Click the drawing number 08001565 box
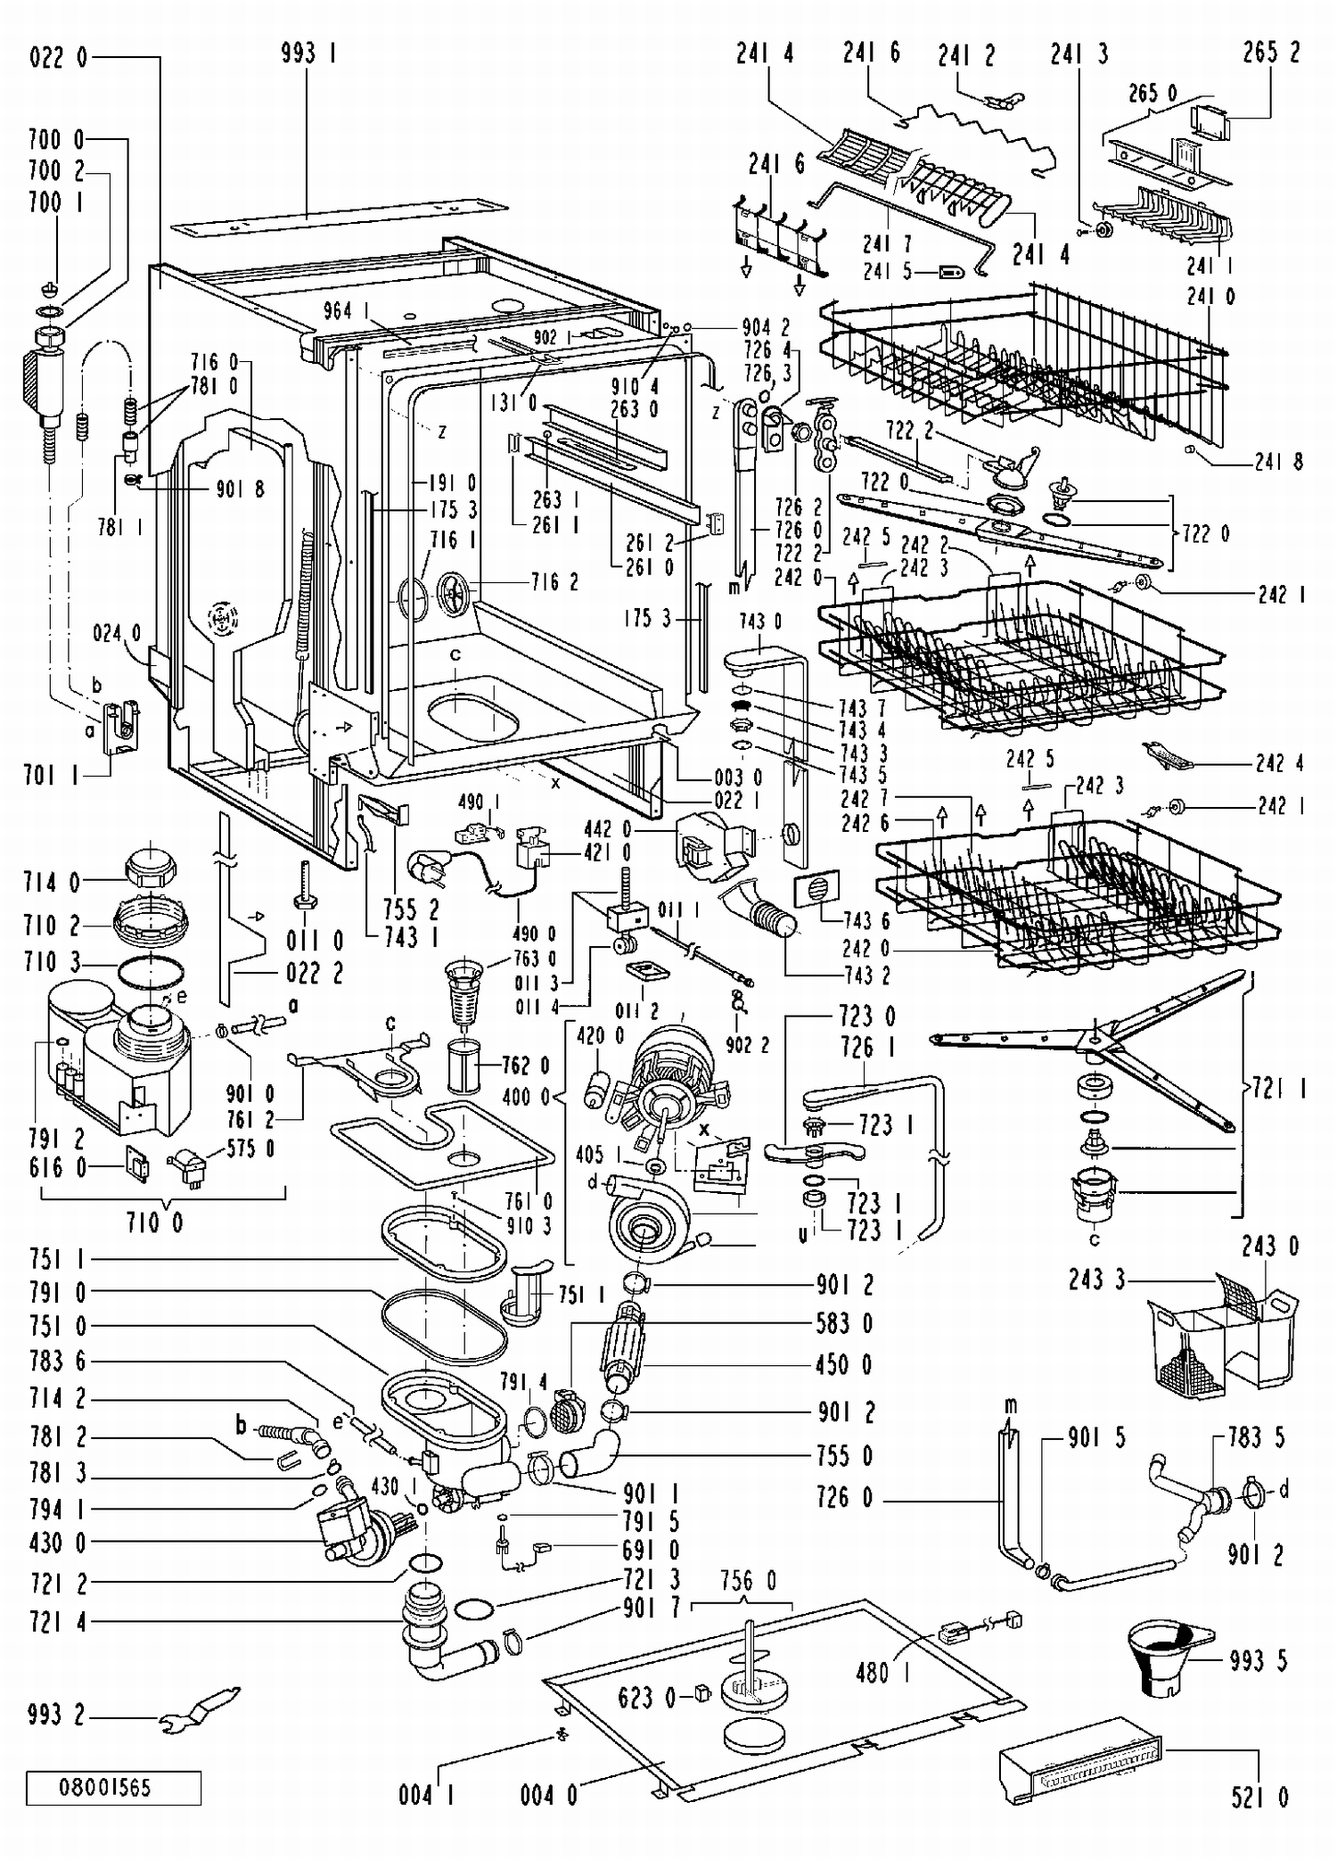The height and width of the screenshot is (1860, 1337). click(113, 1788)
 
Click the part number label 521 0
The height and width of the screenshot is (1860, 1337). click(1259, 1797)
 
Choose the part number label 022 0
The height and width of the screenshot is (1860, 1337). click(59, 59)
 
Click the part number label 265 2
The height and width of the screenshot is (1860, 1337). click(1271, 53)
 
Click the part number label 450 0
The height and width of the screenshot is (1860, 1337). click(843, 1364)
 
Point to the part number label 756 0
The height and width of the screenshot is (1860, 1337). click(748, 1581)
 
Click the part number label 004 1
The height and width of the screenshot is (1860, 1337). click(426, 1794)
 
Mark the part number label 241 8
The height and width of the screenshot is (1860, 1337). click(1278, 461)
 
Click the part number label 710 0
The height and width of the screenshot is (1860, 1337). click(155, 1222)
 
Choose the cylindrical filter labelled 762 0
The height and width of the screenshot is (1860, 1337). click(463, 1065)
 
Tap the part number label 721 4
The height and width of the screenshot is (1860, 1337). click(57, 1622)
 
